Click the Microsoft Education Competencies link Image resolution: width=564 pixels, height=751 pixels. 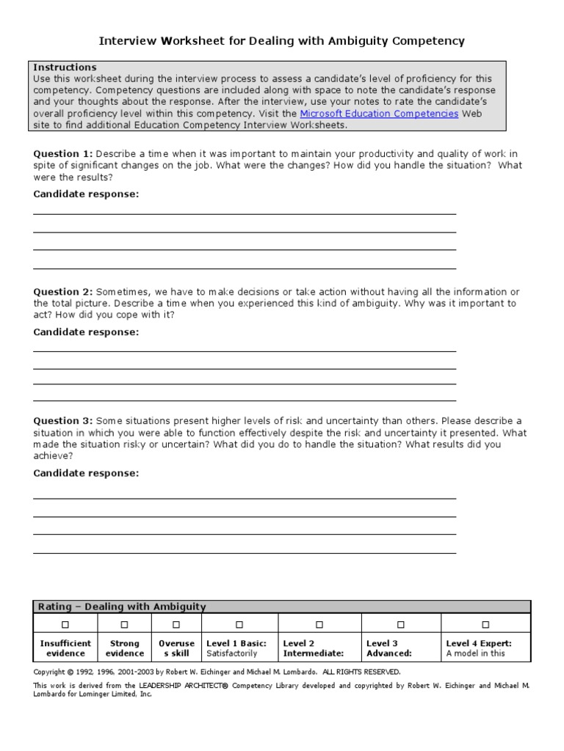click(380, 114)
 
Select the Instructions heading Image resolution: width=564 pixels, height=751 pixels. click(65, 67)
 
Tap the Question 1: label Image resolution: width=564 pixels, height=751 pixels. click(63, 153)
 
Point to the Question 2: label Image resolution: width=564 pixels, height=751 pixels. click(63, 292)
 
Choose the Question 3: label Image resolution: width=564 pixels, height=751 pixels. click(63, 421)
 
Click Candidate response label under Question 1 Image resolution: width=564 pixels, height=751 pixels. click(86, 194)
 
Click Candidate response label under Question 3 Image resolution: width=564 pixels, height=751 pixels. click(86, 473)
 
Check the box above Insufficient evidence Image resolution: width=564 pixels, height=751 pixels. click(65, 625)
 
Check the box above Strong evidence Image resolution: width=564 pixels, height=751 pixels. click(124, 625)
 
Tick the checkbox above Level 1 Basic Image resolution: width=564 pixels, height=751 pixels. click(239, 625)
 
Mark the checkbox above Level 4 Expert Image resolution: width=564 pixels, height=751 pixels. click(485, 625)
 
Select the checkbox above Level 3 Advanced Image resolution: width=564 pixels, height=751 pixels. click(401, 625)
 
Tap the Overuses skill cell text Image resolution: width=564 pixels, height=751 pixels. click(176, 648)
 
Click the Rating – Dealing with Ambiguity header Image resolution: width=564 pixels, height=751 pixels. click(122, 607)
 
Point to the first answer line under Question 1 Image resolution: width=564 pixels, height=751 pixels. click(245, 214)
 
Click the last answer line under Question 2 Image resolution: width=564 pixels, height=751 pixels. click(245, 400)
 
